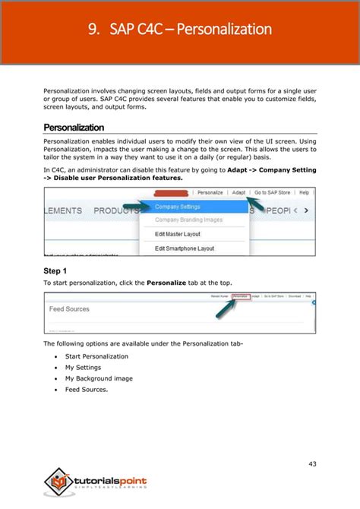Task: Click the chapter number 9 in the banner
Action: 93,30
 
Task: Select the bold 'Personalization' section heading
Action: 74,128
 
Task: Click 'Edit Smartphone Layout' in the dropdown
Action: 185,248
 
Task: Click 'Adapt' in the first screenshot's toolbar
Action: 238,193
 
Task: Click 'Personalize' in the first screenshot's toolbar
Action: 210,193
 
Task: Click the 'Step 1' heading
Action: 55,270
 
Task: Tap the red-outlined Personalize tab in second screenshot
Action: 240,296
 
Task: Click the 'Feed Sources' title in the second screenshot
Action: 69,309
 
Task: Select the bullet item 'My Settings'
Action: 84,367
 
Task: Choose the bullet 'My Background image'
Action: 99,378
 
